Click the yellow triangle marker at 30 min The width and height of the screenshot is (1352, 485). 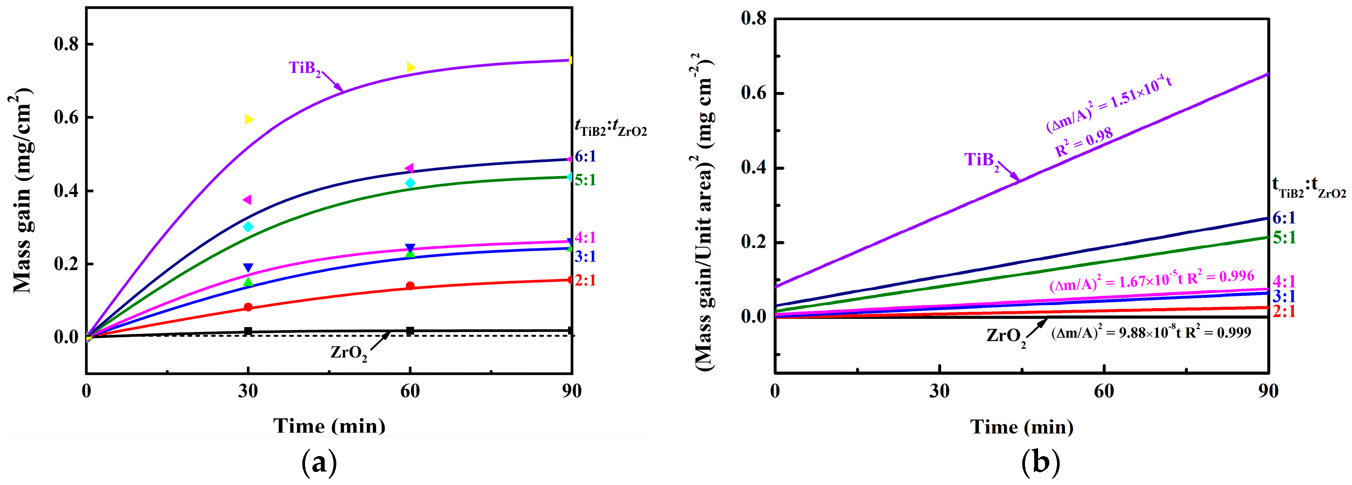point(249,119)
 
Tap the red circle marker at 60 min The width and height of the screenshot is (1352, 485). point(410,286)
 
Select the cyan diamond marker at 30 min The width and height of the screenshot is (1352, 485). point(248,227)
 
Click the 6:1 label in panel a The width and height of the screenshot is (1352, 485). point(585,156)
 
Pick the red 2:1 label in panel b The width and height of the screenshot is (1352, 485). point(1284,311)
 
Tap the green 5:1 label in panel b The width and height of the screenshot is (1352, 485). point(1284,238)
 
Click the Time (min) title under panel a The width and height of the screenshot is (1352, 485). point(329,426)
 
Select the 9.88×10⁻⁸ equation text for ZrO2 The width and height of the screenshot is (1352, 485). point(1150,332)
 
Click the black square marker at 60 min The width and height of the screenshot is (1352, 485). point(410,331)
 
